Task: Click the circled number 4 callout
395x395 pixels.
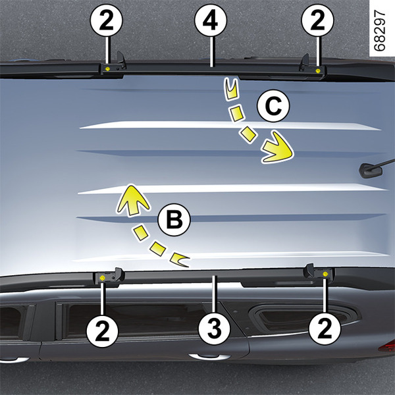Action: tap(211, 20)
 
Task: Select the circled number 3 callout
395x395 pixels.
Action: tap(215, 329)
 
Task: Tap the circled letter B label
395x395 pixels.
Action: tap(174, 220)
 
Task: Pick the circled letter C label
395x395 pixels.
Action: tap(273, 106)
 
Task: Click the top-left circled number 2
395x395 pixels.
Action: tap(106, 20)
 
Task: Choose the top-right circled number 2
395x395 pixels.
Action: tap(318, 20)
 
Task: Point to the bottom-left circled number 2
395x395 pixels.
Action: tap(102, 331)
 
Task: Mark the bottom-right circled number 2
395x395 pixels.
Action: tap(325, 329)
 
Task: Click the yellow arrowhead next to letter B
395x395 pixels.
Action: tap(132, 200)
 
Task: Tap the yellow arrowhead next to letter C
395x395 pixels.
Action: tap(277, 147)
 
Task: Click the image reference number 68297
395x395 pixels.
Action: tap(380, 30)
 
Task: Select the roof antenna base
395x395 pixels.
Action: tap(370, 171)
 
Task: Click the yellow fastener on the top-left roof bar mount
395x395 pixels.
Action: tap(107, 68)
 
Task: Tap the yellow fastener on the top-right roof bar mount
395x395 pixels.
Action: tap(318, 71)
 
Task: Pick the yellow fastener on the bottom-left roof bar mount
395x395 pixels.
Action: tap(102, 278)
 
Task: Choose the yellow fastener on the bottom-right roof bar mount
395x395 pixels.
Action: tap(325, 275)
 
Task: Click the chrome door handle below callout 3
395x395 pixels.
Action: tap(209, 357)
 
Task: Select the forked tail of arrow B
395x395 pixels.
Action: tap(179, 260)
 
